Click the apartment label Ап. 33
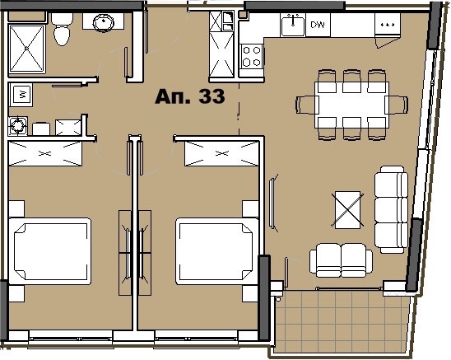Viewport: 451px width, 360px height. coord(189,96)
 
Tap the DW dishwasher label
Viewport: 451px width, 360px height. coord(318,25)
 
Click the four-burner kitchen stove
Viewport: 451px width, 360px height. coord(252,56)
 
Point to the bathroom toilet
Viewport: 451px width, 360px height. coord(62,29)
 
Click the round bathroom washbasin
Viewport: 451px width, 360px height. coord(104,22)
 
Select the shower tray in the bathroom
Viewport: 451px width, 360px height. coord(27,49)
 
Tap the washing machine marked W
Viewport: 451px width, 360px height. coord(21,95)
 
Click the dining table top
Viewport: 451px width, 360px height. coord(351,105)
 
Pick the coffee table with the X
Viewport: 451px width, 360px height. coord(347,210)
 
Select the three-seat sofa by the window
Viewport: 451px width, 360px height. coord(391,209)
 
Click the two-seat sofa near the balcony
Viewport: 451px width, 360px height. coord(341,260)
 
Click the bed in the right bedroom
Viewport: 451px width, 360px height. coord(217,251)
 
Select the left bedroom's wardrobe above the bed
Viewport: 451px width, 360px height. coord(45,153)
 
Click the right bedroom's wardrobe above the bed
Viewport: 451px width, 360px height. coord(221,153)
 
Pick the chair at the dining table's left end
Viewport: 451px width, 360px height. coord(307,105)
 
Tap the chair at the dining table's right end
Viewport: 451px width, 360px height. coord(398,105)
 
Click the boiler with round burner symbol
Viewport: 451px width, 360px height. coord(18,126)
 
